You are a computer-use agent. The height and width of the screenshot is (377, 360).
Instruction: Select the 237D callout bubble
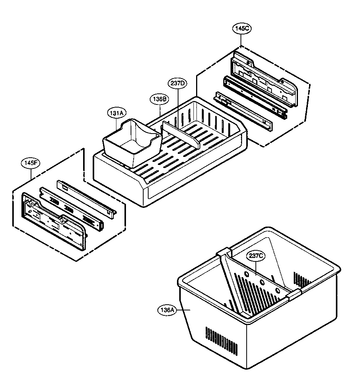(x=177, y=83)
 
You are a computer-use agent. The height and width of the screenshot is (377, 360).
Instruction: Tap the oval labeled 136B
(x=159, y=99)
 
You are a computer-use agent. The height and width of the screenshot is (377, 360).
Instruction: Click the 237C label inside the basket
(x=256, y=257)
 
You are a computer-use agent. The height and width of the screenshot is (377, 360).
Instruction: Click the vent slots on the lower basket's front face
(x=221, y=340)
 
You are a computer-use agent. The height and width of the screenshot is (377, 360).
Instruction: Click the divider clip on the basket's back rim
(x=225, y=253)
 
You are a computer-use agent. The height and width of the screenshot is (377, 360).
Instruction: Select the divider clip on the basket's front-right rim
(x=294, y=294)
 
